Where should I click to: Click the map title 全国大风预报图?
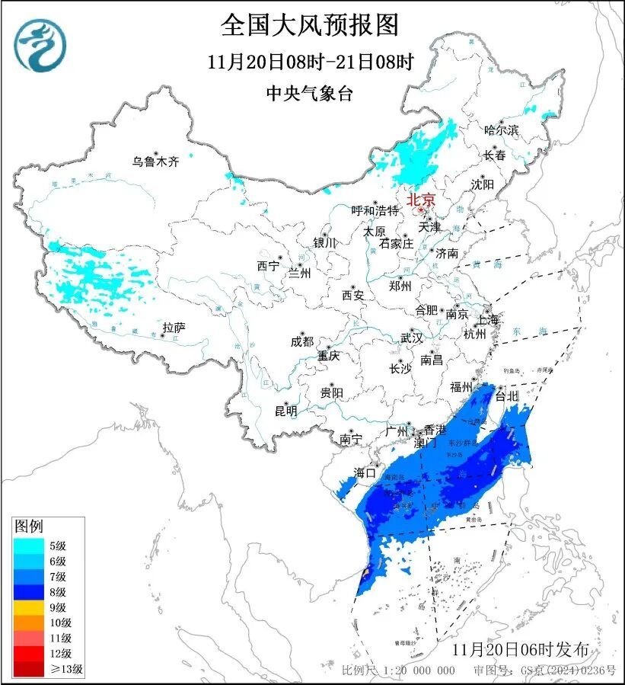310,25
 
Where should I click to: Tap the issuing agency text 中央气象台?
310,94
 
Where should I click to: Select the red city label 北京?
421,200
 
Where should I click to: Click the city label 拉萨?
174,328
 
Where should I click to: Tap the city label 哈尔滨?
501,130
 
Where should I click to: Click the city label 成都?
301,342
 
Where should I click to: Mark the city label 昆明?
285,411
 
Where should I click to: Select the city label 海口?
365,473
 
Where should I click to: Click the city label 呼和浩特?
375,210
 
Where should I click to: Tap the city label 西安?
353,294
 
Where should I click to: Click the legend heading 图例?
30,527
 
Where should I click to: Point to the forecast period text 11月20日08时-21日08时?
310,62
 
